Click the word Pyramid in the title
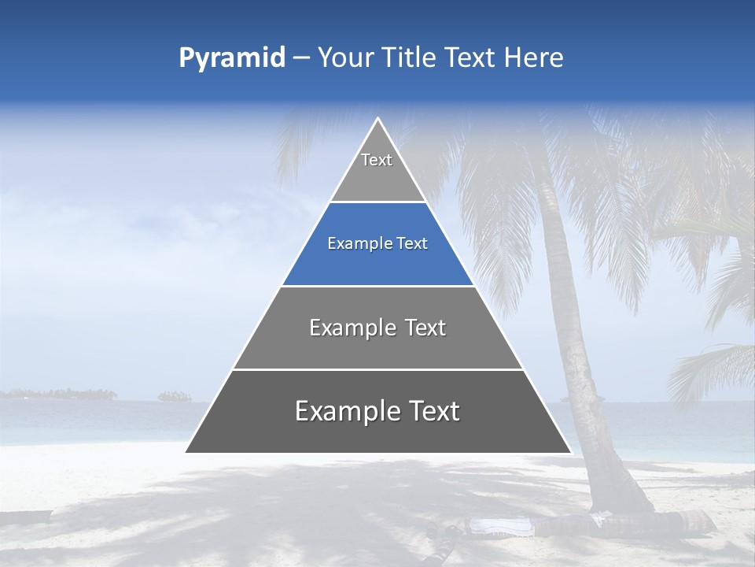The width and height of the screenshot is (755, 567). pyautogui.click(x=231, y=58)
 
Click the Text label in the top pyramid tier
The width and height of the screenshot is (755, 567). pyautogui.click(x=377, y=160)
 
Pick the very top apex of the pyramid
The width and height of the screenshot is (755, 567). pyautogui.click(x=378, y=119)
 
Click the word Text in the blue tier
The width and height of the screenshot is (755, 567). pyautogui.click(x=412, y=244)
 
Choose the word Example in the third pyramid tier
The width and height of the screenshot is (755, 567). pyautogui.click(x=346, y=328)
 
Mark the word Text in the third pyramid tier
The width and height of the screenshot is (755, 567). pyautogui.click(x=425, y=328)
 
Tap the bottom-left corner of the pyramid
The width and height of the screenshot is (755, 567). pyautogui.click(x=186, y=452)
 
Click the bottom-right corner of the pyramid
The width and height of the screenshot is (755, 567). pyautogui.click(x=570, y=452)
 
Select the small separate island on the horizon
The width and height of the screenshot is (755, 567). pyautogui.click(x=175, y=396)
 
